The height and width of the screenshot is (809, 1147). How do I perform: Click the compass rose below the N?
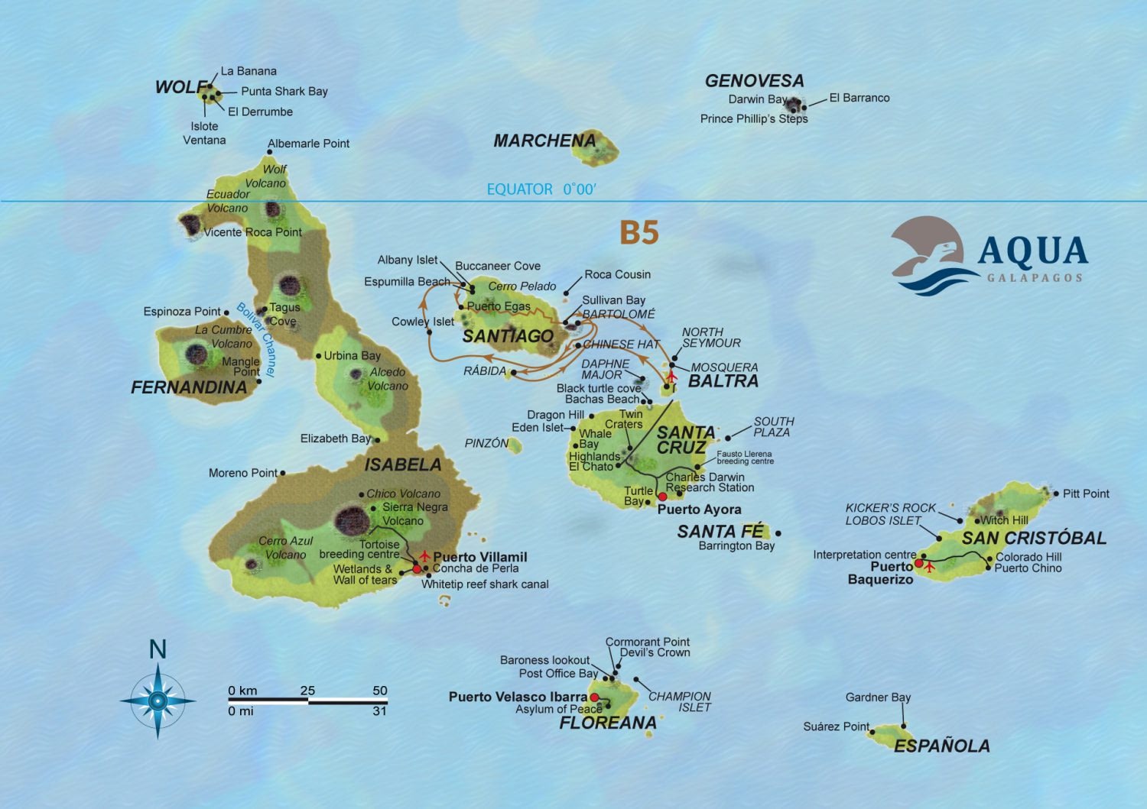coord(158,701)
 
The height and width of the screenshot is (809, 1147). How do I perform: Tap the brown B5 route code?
coord(638,232)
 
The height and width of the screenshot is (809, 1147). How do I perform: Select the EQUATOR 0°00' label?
coord(541,189)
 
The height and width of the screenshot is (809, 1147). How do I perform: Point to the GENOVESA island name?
coord(754,81)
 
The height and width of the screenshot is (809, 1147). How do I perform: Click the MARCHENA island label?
coord(544,141)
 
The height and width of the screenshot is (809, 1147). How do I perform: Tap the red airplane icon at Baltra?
coord(672,376)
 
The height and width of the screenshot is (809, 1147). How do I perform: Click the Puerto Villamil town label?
coord(480,557)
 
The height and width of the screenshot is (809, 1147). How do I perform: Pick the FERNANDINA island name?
coord(189,388)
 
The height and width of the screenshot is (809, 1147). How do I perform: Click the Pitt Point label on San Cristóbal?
coord(1086,493)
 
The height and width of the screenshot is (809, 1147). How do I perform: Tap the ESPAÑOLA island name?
coord(941,746)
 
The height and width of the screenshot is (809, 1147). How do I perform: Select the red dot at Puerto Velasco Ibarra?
coord(594,697)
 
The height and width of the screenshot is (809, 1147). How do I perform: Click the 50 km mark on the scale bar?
coord(380,691)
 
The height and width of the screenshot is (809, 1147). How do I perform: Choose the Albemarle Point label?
coord(308,144)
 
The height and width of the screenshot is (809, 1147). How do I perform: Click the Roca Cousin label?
coord(617,274)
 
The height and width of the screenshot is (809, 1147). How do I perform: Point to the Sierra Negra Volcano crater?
coord(350,519)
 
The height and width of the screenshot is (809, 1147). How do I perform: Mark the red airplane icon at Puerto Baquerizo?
coord(930,567)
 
